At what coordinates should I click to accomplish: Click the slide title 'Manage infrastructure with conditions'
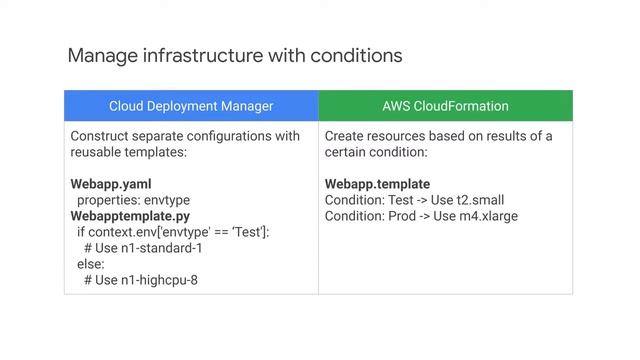pos(234,54)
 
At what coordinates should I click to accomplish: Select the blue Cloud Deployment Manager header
pos(191,106)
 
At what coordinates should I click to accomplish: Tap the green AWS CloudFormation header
pos(445,106)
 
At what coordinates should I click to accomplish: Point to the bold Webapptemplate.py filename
pos(130,216)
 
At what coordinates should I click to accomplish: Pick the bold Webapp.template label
pos(377,184)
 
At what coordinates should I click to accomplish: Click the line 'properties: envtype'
pos(133,200)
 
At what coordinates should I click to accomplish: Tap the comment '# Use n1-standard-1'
pos(143,248)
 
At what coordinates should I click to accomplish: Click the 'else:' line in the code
pos(91,264)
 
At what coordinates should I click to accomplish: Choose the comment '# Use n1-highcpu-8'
pos(141,280)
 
